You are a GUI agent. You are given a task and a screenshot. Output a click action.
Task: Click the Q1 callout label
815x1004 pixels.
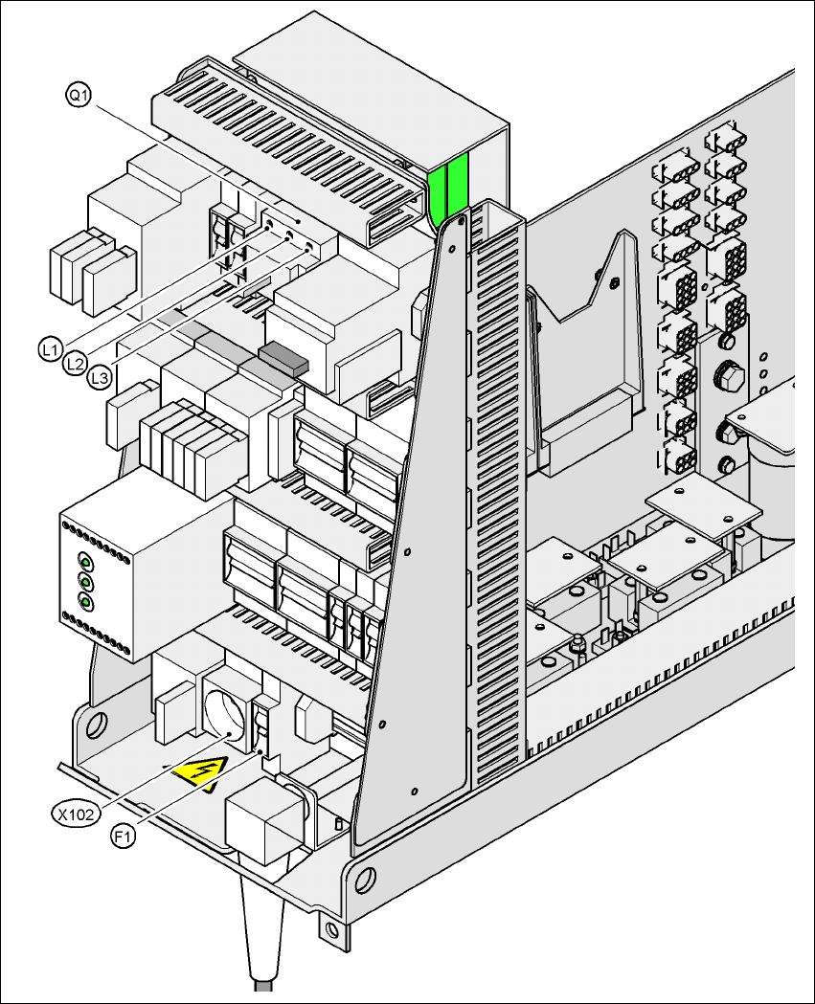click(78, 95)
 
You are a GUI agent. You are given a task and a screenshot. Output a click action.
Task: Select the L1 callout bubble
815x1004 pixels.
click(53, 349)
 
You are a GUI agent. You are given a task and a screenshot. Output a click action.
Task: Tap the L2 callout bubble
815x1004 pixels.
click(76, 364)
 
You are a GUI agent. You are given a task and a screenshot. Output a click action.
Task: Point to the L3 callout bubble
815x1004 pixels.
click(99, 379)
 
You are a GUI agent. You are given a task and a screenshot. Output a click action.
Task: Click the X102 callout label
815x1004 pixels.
click(73, 814)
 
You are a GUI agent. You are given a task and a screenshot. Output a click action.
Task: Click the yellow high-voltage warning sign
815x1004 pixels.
click(198, 770)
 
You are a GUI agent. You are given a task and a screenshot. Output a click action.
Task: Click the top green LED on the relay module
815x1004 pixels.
click(85, 562)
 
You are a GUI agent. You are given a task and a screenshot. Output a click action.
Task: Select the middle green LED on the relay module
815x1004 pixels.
click(85, 582)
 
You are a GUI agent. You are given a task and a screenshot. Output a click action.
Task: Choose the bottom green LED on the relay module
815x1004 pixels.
click(85, 602)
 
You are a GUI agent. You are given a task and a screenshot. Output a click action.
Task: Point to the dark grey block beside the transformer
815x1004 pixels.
click(283, 357)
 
